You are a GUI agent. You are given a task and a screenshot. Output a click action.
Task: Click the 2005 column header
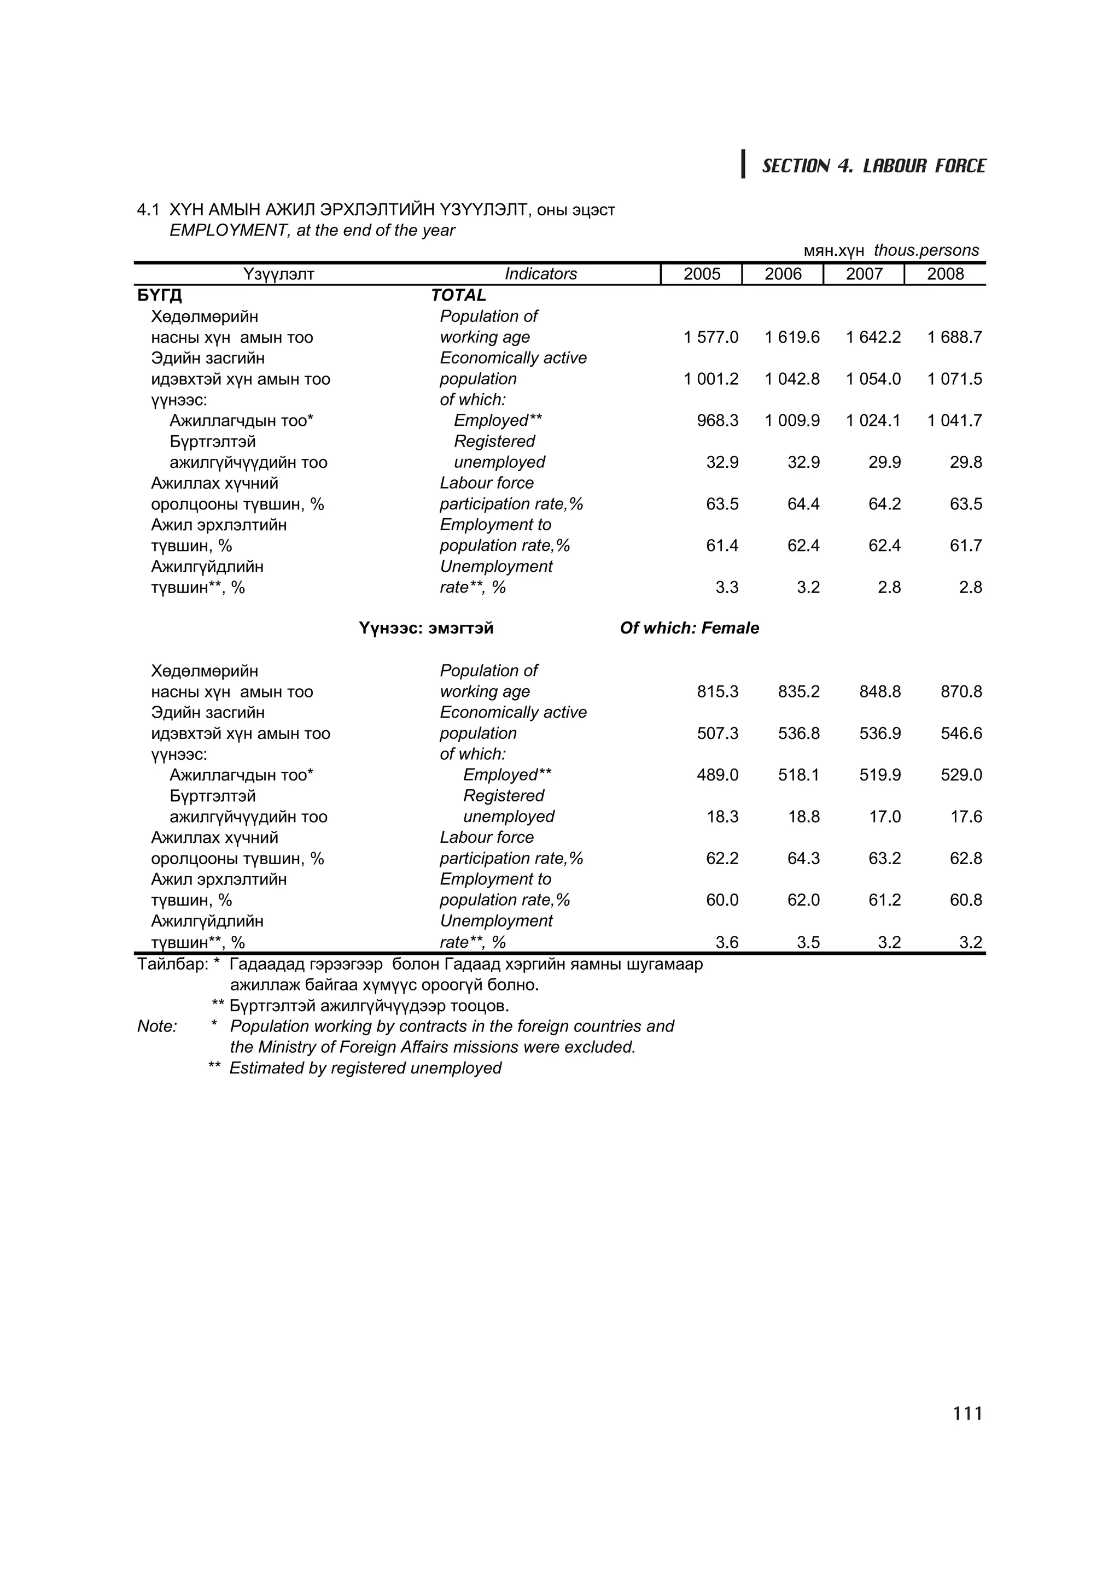pyautogui.click(x=701, y=274)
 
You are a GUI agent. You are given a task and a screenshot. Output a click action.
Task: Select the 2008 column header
pyautogui.click(x=944, y=274)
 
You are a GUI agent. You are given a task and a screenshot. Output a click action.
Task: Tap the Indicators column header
pyautogui.click(x=540, y=274)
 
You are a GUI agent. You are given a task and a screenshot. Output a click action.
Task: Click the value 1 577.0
pyautogui.click(x=711, y=337)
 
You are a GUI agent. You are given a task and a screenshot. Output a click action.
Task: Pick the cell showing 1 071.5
pyautogui.click(x=954, y=379)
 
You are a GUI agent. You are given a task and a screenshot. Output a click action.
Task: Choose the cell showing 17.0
pyautogui.click(x=885, y=817)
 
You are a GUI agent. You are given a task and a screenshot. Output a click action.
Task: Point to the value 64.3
pyautogui.click(x=803, y=858)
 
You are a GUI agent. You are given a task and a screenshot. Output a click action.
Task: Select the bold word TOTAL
pyautogui.click(x=458, y=295)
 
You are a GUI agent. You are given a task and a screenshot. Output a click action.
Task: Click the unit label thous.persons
pyautogui.click(x=925, y=250)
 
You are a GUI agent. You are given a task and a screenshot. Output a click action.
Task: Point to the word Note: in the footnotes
pyautogui.click(x=157, y=1026)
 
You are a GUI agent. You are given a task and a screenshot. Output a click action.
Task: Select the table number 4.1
pyautogui.click(x=148, y=210)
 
